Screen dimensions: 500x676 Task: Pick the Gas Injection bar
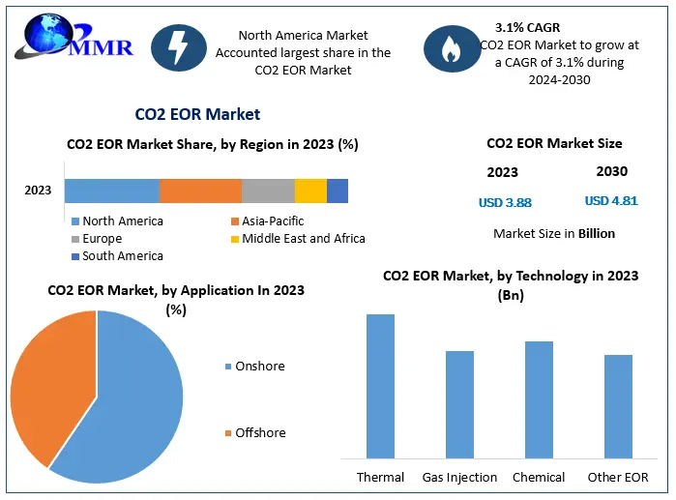point(459,403)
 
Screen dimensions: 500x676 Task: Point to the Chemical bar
point(539,398)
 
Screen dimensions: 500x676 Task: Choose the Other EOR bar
point(618,405)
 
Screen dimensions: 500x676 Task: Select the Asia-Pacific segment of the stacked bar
point(200,191)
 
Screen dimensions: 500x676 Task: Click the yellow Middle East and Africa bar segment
point(310,191)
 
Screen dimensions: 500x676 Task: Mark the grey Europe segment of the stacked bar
point(268,191)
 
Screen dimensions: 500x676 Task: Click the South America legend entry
point(122,256)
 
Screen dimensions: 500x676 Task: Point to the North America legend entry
point(122,221)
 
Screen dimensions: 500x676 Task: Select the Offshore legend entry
point(260,432)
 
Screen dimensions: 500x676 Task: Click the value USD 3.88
point(505,203)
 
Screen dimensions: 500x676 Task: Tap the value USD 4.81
point(611,202)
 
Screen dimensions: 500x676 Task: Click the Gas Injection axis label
point(459,478)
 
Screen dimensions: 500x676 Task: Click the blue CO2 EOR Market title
point(197,114)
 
